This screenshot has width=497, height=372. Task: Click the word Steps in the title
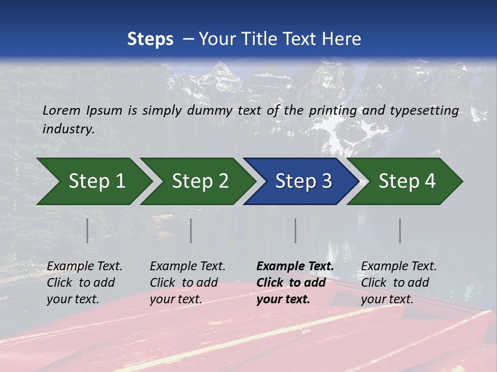coord(150,39)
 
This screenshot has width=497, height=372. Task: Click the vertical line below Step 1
coord(87,230)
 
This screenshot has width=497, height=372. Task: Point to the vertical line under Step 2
coord(191,230)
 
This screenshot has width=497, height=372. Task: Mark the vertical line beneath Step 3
coord(295,230)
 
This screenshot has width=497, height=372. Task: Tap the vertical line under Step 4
coord(400,230)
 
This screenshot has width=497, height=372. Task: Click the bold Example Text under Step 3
coord(295,267)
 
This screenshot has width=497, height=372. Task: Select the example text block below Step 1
coord(84,283)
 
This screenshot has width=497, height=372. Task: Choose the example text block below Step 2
coord(187,283)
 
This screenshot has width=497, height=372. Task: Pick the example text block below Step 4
coord(399,283)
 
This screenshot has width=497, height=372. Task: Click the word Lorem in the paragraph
coord(62,111)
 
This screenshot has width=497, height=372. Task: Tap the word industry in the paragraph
coord(68,129)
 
